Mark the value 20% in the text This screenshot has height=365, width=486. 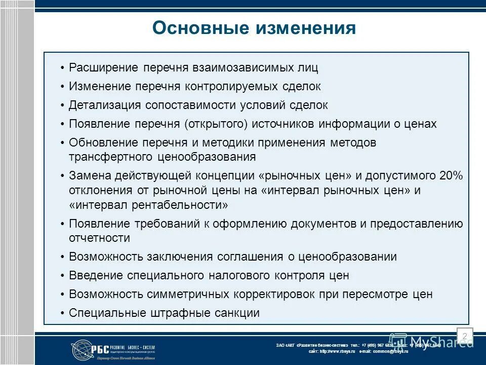pyautogui.click(x=451, y=176)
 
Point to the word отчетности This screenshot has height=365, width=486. pyautogui.click(x=99, y=238)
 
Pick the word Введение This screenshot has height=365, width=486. pyautogui.click(x=96, y=276)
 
